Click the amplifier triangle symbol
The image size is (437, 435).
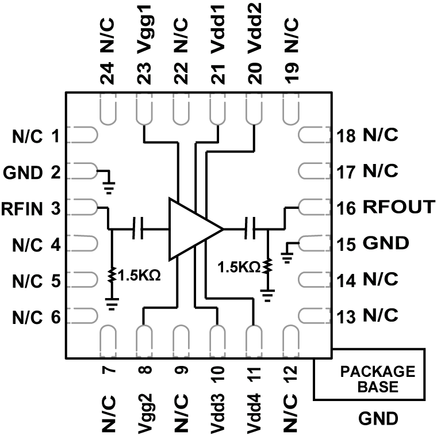tap(191, 229)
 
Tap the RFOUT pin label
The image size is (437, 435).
tap(398, 208)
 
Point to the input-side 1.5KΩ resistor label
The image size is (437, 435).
tap(138, 276)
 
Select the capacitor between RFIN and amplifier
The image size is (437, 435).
tap(138, 229)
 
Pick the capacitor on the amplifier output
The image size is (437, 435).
tap(250, 229)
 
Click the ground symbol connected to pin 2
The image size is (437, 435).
tap(109, 185)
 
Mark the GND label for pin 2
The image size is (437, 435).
tap(21, 172)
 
